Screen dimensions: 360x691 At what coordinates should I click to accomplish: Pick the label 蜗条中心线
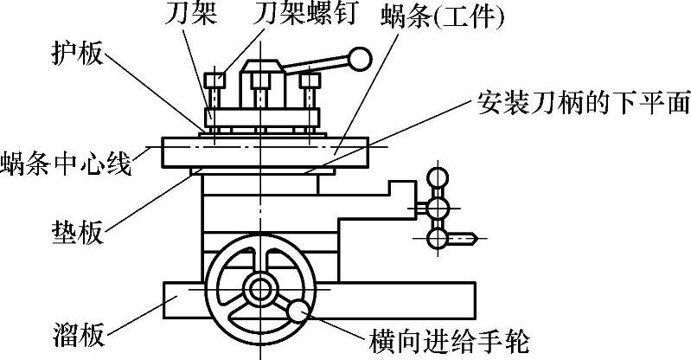(67, 162)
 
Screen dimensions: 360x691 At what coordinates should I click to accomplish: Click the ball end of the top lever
(360, 61)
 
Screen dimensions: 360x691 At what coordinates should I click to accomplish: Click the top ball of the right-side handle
(438, 179)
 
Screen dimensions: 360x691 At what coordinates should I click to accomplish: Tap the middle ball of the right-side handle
(438, 208)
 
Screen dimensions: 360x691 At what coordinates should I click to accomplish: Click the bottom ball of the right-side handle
(438, 235)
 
